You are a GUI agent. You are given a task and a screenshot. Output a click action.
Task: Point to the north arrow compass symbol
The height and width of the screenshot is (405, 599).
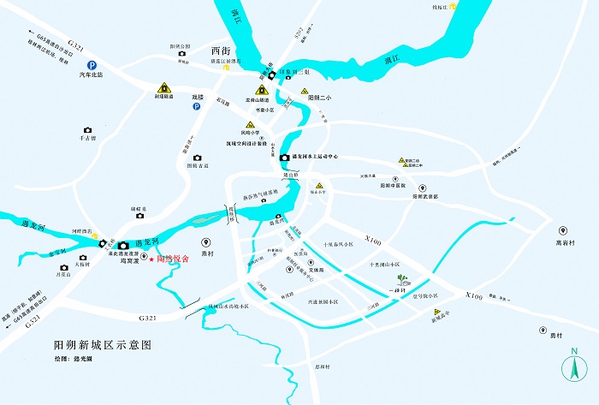click(x=574, y=366)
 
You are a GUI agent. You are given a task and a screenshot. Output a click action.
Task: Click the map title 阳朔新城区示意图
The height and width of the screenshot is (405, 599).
click(x=102, y=344)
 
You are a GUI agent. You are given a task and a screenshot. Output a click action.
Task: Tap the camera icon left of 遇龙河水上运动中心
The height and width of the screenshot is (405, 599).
click(x=285, y=158)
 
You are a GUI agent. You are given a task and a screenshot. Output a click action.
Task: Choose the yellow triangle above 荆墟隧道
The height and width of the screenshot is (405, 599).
click(x=163, y=86)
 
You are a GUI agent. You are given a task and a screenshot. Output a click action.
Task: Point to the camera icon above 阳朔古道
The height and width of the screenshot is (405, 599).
click(x=198, y=158)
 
